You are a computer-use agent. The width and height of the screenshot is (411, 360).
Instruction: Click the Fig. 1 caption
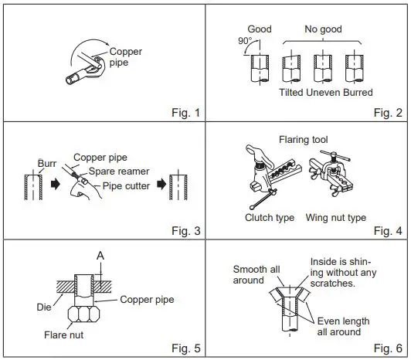tap(186, 113)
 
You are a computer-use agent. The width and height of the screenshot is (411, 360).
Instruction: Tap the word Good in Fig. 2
tap(260, 29)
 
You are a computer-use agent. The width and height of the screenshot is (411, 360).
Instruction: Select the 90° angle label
tap(245, 41)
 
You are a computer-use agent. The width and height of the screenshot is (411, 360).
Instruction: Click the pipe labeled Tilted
tap(291, 68)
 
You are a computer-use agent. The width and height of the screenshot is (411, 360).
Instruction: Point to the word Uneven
tap(323, 92)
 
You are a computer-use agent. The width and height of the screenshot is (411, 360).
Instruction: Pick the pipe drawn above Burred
tap(354, 68)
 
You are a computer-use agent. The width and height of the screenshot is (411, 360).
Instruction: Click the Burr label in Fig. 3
tap(47, 163)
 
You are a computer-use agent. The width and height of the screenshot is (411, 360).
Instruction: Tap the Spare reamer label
tap(119, 172)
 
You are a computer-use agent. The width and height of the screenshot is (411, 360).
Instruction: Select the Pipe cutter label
tap(126, 186)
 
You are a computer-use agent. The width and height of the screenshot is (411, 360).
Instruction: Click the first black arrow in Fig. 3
tap(56, 184)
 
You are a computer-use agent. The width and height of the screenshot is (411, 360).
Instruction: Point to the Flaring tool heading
tap(304, 140)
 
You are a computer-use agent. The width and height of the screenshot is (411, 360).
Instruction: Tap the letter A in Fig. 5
tap(100, 256)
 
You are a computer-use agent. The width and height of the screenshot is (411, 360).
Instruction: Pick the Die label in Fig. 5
tap(44, 307)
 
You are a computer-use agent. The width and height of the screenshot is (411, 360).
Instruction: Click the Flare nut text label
tap(63, 335)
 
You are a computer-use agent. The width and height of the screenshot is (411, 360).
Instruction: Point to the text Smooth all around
tap(256, 274)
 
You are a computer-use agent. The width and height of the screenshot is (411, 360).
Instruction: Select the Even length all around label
tap(343, 327)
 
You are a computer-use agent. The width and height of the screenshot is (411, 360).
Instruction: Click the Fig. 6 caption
tap(388, 348)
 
